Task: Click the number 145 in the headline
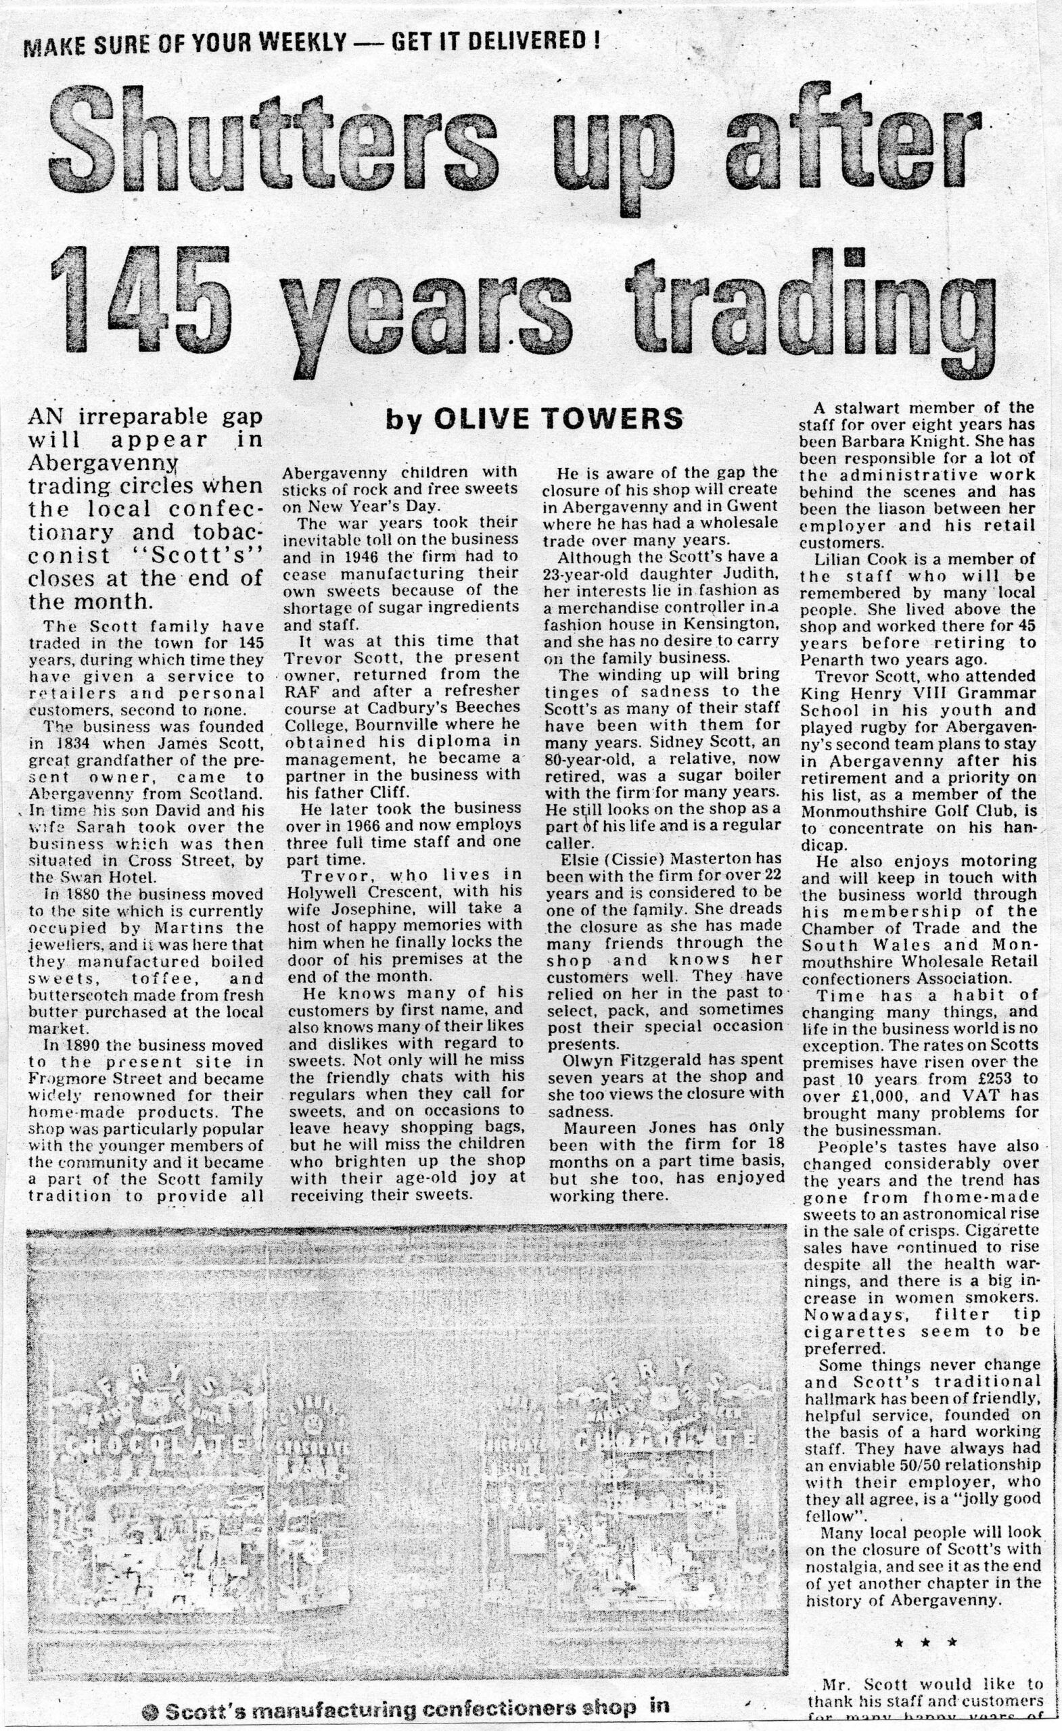141,301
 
